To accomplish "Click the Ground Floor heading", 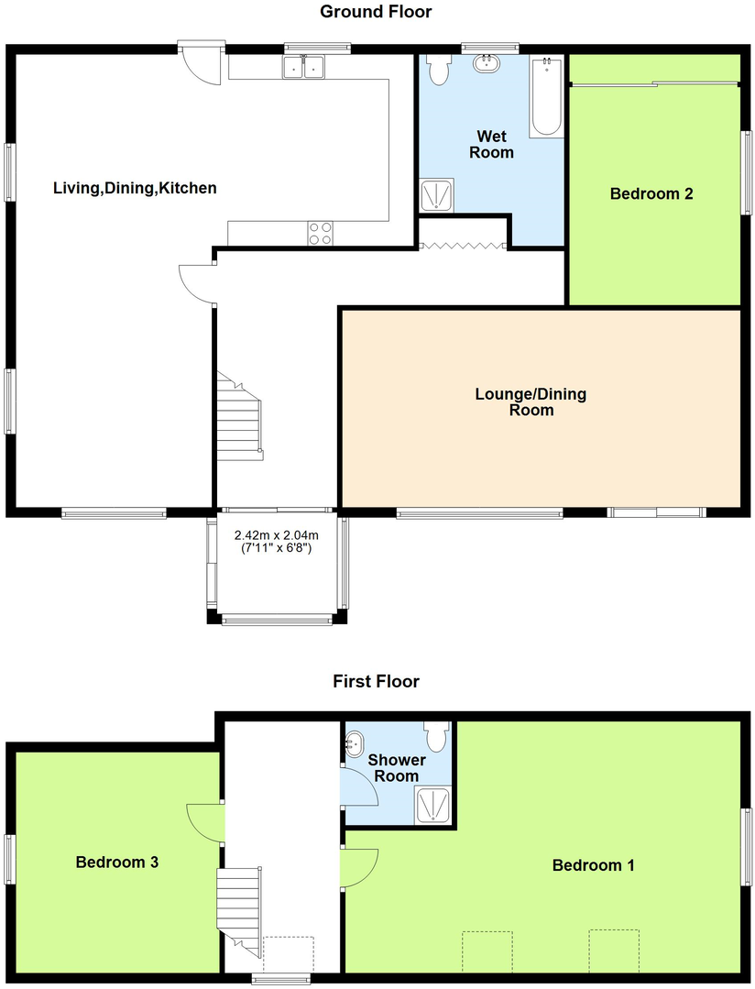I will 376,12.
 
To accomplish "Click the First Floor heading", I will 376,681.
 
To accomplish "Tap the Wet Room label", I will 491,145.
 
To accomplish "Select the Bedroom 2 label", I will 651,193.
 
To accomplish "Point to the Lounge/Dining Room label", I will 531,402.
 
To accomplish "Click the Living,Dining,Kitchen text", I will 135,189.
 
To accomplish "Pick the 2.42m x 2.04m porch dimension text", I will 276,542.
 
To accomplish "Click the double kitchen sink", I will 303,66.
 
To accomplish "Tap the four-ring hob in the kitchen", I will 320,234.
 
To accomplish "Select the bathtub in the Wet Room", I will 546,96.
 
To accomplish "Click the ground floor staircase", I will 238,418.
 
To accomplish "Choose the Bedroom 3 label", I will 117,863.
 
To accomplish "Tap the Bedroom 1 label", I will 594,865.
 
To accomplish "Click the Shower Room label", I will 397,768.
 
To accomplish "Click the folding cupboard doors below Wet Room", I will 462,245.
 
